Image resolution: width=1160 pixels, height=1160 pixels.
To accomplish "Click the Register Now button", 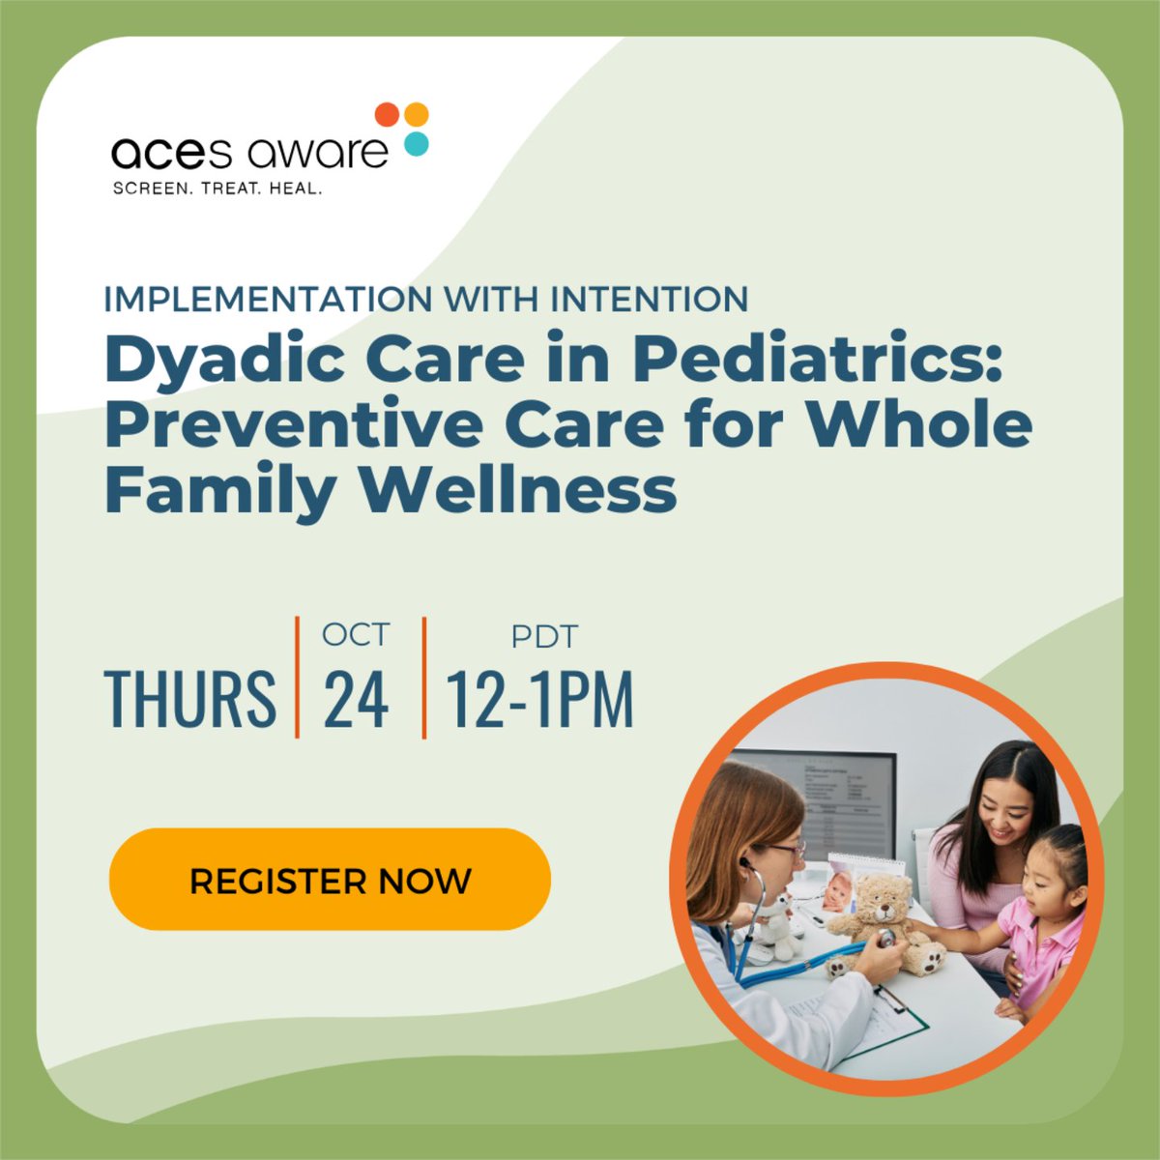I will (330, 880).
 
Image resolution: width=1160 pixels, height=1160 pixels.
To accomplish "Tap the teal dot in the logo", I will (416, 144).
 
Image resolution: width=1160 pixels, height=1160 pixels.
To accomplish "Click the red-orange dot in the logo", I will (387, 114).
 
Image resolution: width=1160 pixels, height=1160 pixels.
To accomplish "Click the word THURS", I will (189, 698).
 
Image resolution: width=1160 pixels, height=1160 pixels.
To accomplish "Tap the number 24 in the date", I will (357, 698).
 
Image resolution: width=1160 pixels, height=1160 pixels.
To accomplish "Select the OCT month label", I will (356, 635).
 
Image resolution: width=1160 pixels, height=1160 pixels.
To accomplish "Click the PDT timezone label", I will (544, 637).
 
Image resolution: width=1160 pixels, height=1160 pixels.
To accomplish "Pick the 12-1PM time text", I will (539, 698).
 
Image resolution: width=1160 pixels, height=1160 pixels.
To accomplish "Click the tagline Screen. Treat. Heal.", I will (217, 188).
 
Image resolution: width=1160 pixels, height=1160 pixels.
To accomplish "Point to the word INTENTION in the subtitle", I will (650, 299).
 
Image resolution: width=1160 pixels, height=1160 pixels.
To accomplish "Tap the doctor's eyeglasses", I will (789, 849).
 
